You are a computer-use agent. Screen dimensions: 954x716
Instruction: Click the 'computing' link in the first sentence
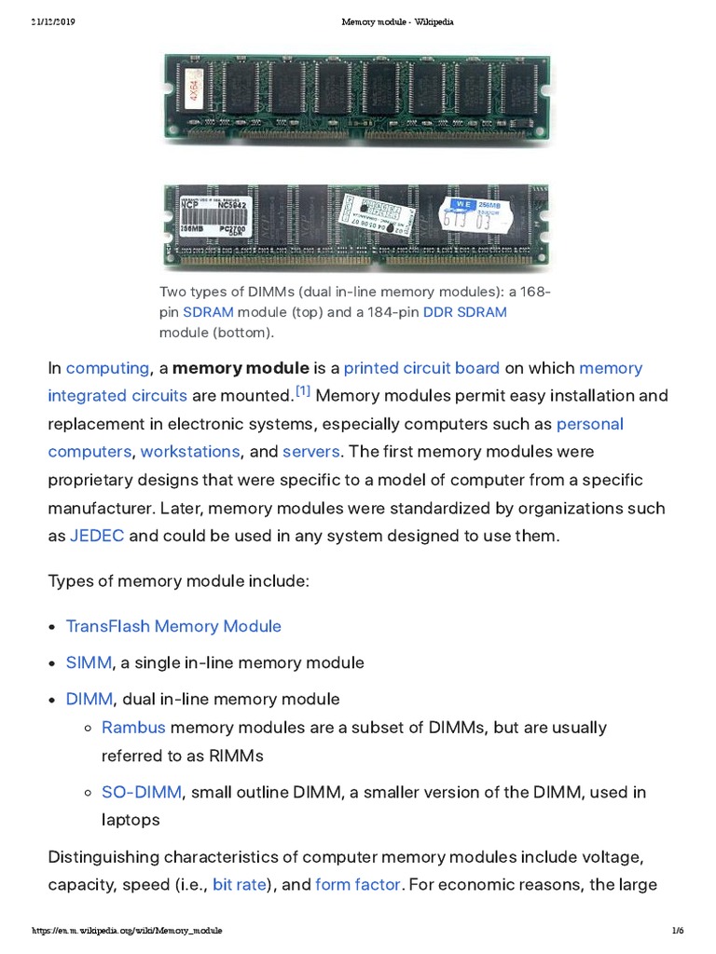click(x=107, y=368)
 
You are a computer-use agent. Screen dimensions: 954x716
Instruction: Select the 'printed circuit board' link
click(x=421, y=368)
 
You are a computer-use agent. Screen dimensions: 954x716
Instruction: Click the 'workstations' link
click(x=190, y=452)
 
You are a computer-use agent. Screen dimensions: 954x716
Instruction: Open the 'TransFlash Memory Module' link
click(x=173, y=626)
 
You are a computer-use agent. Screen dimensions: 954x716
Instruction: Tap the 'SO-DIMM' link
click(x=142, y=792)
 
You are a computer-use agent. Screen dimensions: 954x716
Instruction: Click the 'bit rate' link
click(x=240, y=884)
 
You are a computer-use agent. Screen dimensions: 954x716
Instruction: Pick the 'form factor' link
click(x=358, y=884)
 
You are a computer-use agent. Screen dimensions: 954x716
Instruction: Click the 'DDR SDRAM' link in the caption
click(x=465, y=312)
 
